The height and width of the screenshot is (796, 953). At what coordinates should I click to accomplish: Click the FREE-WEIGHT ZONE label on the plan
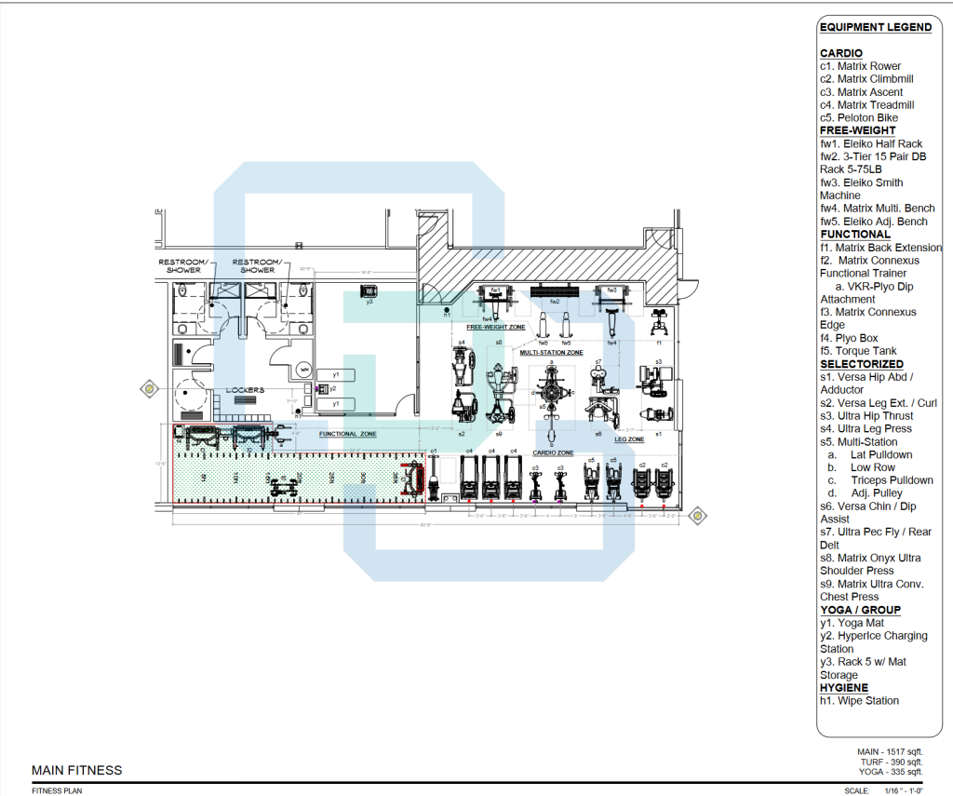pos(495,328)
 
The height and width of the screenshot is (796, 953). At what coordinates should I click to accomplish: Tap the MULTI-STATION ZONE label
pos(551,353)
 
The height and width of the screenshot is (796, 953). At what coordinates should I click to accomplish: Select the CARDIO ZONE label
pos(551,452)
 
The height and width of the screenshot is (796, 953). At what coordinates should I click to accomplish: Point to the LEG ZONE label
pos(629,439)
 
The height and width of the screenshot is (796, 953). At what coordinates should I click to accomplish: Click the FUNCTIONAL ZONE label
pos(348,434)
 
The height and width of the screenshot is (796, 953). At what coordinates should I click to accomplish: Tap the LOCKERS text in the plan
pos(244,389)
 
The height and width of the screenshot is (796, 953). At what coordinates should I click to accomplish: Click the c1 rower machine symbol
pos(434,478)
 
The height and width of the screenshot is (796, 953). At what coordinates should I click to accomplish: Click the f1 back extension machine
pos(659,323)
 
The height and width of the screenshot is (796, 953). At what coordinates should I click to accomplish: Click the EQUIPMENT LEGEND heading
pos(875,28)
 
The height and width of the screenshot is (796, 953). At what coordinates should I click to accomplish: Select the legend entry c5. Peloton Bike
pos(858,118)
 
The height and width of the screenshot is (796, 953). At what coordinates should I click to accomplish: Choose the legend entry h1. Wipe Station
pos(859,700)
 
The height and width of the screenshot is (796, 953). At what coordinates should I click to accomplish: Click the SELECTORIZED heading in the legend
pos(861,364)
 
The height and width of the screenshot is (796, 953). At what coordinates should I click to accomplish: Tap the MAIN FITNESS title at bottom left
pos(76,770)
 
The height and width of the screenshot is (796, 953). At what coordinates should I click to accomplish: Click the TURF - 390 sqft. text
pos(891,762)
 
